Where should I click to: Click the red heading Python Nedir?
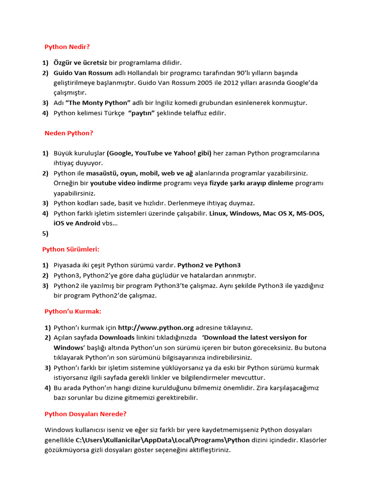[x=67, y=47]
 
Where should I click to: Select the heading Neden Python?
[x=69, y=133]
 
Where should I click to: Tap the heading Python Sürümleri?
[x=70, y=249]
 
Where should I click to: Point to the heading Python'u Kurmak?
[x=73, y=311]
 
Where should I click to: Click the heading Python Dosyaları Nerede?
[x=85, y=414]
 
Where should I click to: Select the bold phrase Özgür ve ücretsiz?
[x=80, y=63]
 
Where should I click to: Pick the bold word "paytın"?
[x=141, y=113]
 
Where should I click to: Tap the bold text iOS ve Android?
[x=77, y=223]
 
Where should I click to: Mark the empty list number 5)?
[x=45, y=233]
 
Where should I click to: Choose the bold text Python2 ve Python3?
[x=209, y=265]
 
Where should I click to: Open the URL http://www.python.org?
[x=156, y=327]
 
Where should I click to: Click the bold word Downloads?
[x=117, y=337]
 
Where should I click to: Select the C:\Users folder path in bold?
[x=162, y=440]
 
